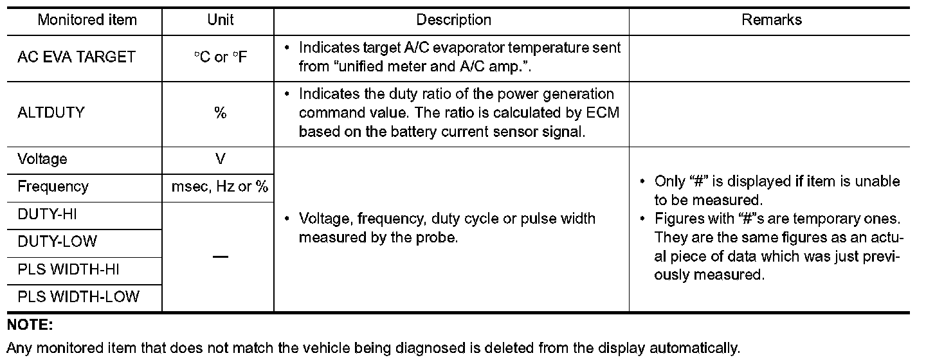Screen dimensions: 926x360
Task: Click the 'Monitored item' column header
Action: pos(87,20)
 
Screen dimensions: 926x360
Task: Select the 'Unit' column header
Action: pos(221,20)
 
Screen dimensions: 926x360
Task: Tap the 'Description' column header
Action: pos(454,20)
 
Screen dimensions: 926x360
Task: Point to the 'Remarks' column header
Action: pos(772,20)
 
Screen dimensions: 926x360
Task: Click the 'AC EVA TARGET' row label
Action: pos(77,57)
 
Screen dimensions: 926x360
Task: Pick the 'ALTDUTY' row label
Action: pos(51,113)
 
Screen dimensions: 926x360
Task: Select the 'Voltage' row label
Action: pos(42,159)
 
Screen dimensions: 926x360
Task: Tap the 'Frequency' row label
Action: pos(53,187)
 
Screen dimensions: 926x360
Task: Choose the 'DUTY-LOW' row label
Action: pos(57,242)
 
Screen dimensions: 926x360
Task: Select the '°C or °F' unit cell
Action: pos(221,57)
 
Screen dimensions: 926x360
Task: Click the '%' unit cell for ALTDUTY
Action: pos(221,113)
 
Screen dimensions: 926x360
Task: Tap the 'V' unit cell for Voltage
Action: pos(221,159)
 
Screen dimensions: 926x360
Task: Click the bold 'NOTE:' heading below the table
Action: pos(30,325)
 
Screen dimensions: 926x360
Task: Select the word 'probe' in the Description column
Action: pos(439,237)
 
